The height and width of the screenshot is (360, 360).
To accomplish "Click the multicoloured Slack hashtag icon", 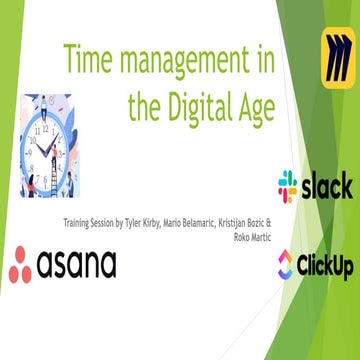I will (x=288, y=186).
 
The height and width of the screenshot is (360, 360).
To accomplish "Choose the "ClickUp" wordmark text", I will (x=326, y=266).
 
